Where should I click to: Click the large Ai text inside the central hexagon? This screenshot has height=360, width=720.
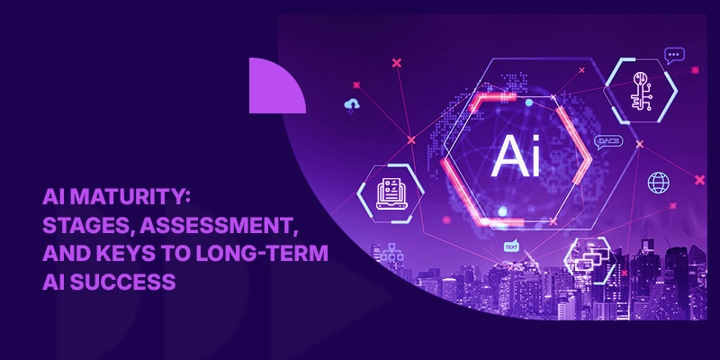517,156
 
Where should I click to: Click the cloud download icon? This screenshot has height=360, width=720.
350,106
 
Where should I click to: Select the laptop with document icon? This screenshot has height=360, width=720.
389,190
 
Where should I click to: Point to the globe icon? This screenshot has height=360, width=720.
659,183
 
